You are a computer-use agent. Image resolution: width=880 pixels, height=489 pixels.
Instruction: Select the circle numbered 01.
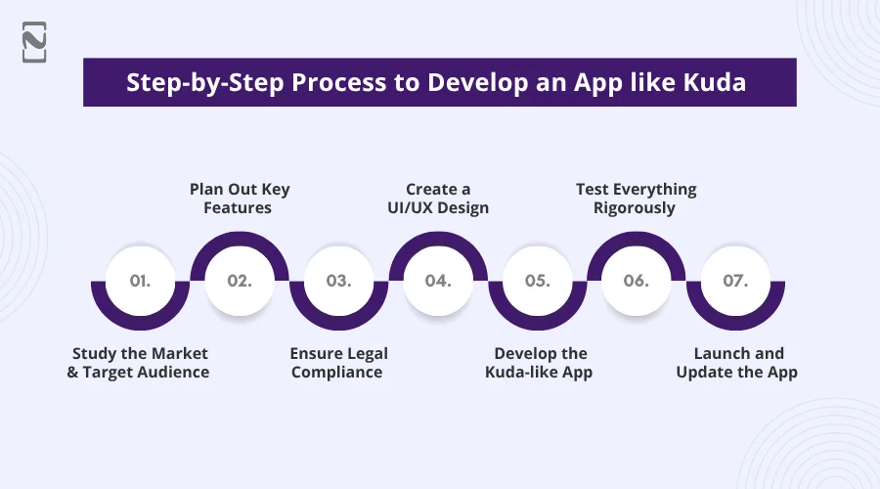(x=140, y=281)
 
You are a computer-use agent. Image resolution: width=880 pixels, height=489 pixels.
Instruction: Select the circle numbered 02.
(x=240, y=281)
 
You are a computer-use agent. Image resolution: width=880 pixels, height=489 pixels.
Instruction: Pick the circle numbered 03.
(x=338, y=281)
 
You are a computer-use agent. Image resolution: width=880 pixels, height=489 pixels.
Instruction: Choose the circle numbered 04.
(x=438, y=281)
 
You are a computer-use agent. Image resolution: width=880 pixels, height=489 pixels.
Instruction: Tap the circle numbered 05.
(x=537, y=281)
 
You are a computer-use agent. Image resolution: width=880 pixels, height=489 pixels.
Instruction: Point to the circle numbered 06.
(x=636, y=281)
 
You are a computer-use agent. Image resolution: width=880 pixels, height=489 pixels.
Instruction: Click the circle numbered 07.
(x=735, y=281)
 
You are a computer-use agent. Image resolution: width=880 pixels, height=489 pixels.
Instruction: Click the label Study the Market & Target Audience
(x=139, y=362)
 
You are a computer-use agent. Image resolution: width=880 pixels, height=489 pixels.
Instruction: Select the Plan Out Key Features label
(x=240, y=199)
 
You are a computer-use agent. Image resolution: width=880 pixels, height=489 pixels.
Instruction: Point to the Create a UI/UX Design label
(x=438, y=199)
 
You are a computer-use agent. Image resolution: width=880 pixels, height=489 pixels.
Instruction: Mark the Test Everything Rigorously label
(x=636, y=199)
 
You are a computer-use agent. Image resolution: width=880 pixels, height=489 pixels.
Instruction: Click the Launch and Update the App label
(x=737, y=362)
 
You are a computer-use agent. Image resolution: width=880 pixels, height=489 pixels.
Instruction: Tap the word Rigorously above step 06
(x=636, y=208)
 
